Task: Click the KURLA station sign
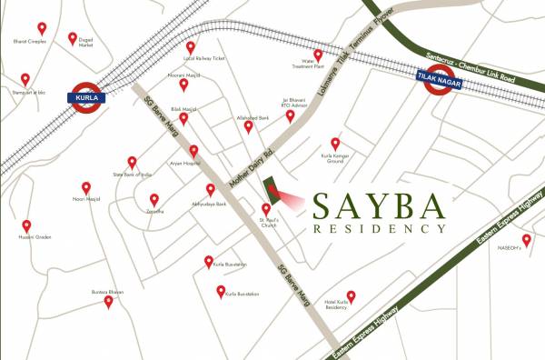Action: [x=87, y=96]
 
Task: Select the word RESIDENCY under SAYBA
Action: [x=378, y=229]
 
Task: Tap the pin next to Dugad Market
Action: [x=73, y=38]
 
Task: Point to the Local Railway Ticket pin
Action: [x=191, y=47]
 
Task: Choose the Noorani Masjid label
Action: [x=183, y=73]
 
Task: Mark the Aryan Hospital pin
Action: [x=193, y=150]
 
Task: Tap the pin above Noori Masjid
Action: [x=86, y=186]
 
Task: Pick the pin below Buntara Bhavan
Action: [x=109, y=302]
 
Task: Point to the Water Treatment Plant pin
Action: [x=318, y=55]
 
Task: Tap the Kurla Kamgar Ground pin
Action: [x=335, y=143]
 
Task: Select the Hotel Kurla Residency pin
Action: [x=351, y=295]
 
